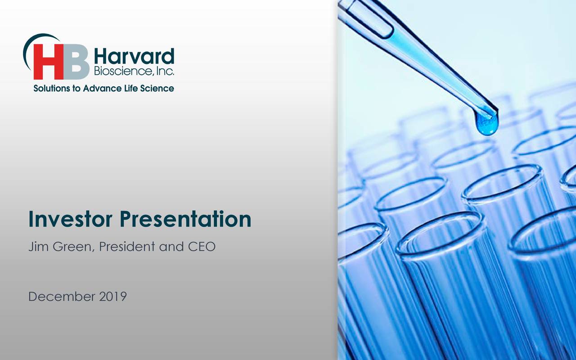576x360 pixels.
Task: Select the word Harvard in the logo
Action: [134, 57]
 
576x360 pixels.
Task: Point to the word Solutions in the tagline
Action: [52, 89]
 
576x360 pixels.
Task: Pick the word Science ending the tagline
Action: [157, 89]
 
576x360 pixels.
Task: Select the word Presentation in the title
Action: [185, 219]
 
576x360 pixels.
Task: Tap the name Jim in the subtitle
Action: [37, 247]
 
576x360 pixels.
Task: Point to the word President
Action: [127, 247]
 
